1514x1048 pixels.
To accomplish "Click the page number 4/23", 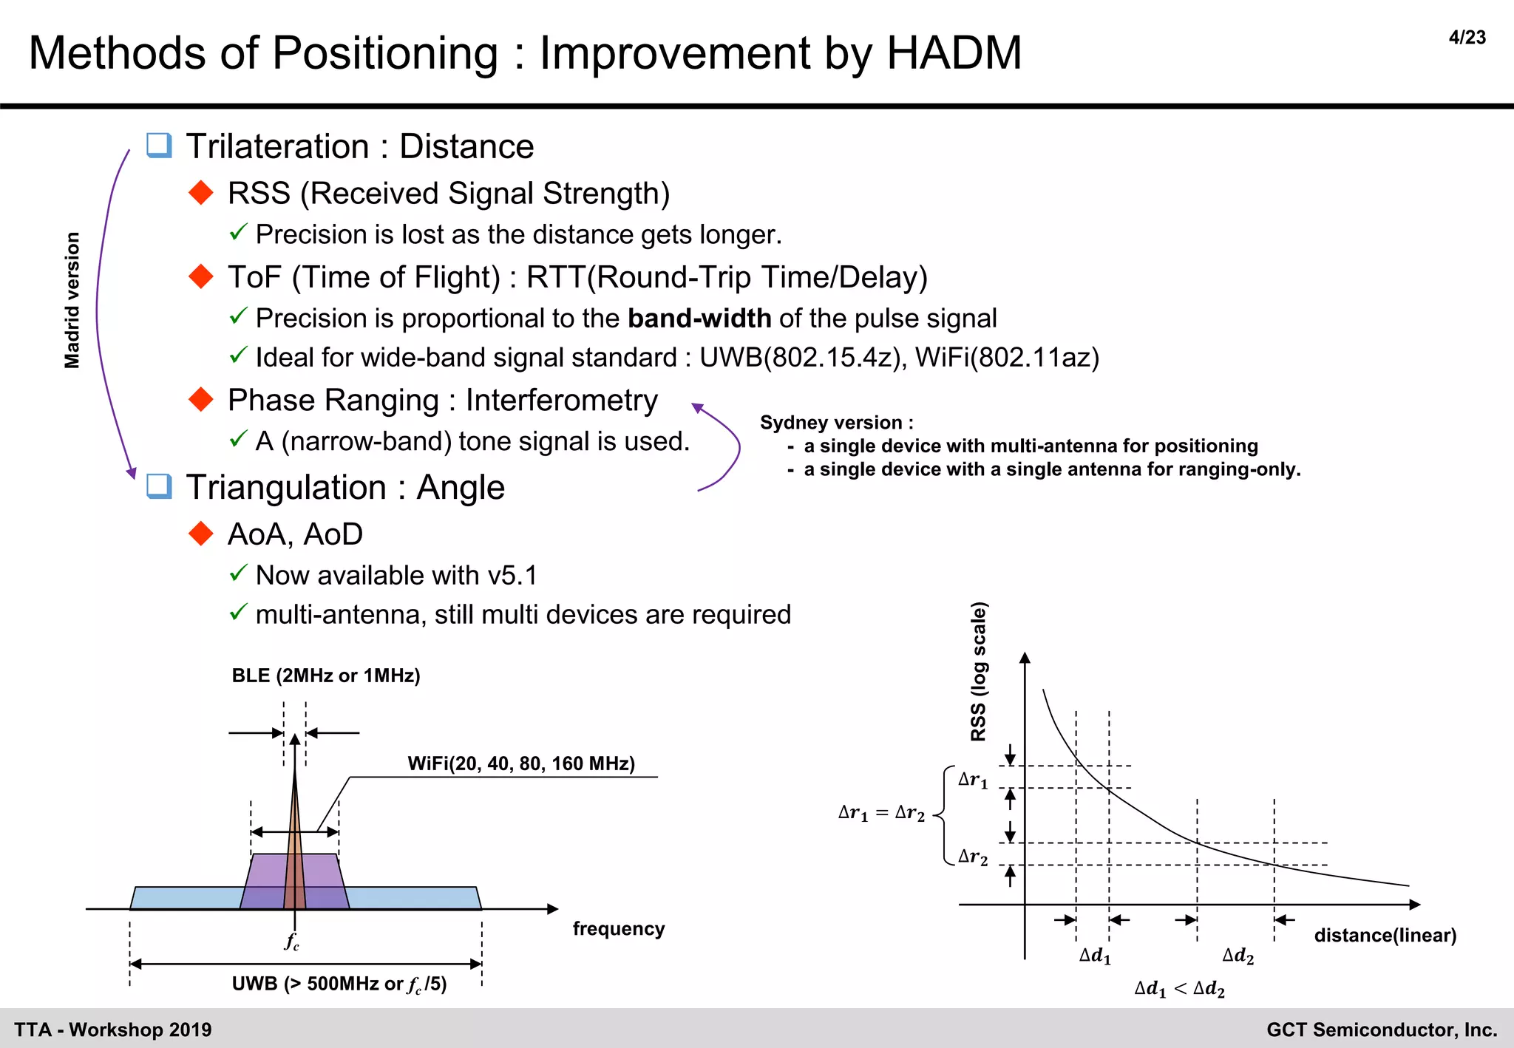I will pos(1467,38).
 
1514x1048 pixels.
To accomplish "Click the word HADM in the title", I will pos(954,53).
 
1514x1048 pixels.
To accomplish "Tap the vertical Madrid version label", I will pos(72,300).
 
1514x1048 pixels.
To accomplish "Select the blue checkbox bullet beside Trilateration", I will pos(159,145).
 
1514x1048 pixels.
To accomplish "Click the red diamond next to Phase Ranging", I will pos(201,400).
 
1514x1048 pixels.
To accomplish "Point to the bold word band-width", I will pos(699,319).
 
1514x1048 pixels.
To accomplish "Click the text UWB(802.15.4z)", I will pos(803,358).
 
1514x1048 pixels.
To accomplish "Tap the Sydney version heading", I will pos(836,423).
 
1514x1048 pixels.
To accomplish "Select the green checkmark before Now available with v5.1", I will pos(237,574).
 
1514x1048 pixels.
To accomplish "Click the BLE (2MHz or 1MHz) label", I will pos(326,676).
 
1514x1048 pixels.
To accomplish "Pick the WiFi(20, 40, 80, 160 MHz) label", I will pos(521,763).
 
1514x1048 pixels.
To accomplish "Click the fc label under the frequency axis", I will pos(292,942).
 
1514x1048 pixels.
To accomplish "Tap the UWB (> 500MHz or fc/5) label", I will pos(339,984).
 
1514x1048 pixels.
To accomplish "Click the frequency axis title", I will pos(619,928).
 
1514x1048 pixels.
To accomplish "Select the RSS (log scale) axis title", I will pos(978,671).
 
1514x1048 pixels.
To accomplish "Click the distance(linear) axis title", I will pos(1385,935).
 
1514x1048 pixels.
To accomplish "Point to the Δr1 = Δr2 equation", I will pos(881,814).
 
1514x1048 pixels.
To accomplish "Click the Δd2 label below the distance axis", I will pos(1238,956).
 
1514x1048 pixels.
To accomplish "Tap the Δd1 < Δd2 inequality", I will pos(1179,989).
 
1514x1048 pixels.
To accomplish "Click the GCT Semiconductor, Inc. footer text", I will pos(1381,1030).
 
